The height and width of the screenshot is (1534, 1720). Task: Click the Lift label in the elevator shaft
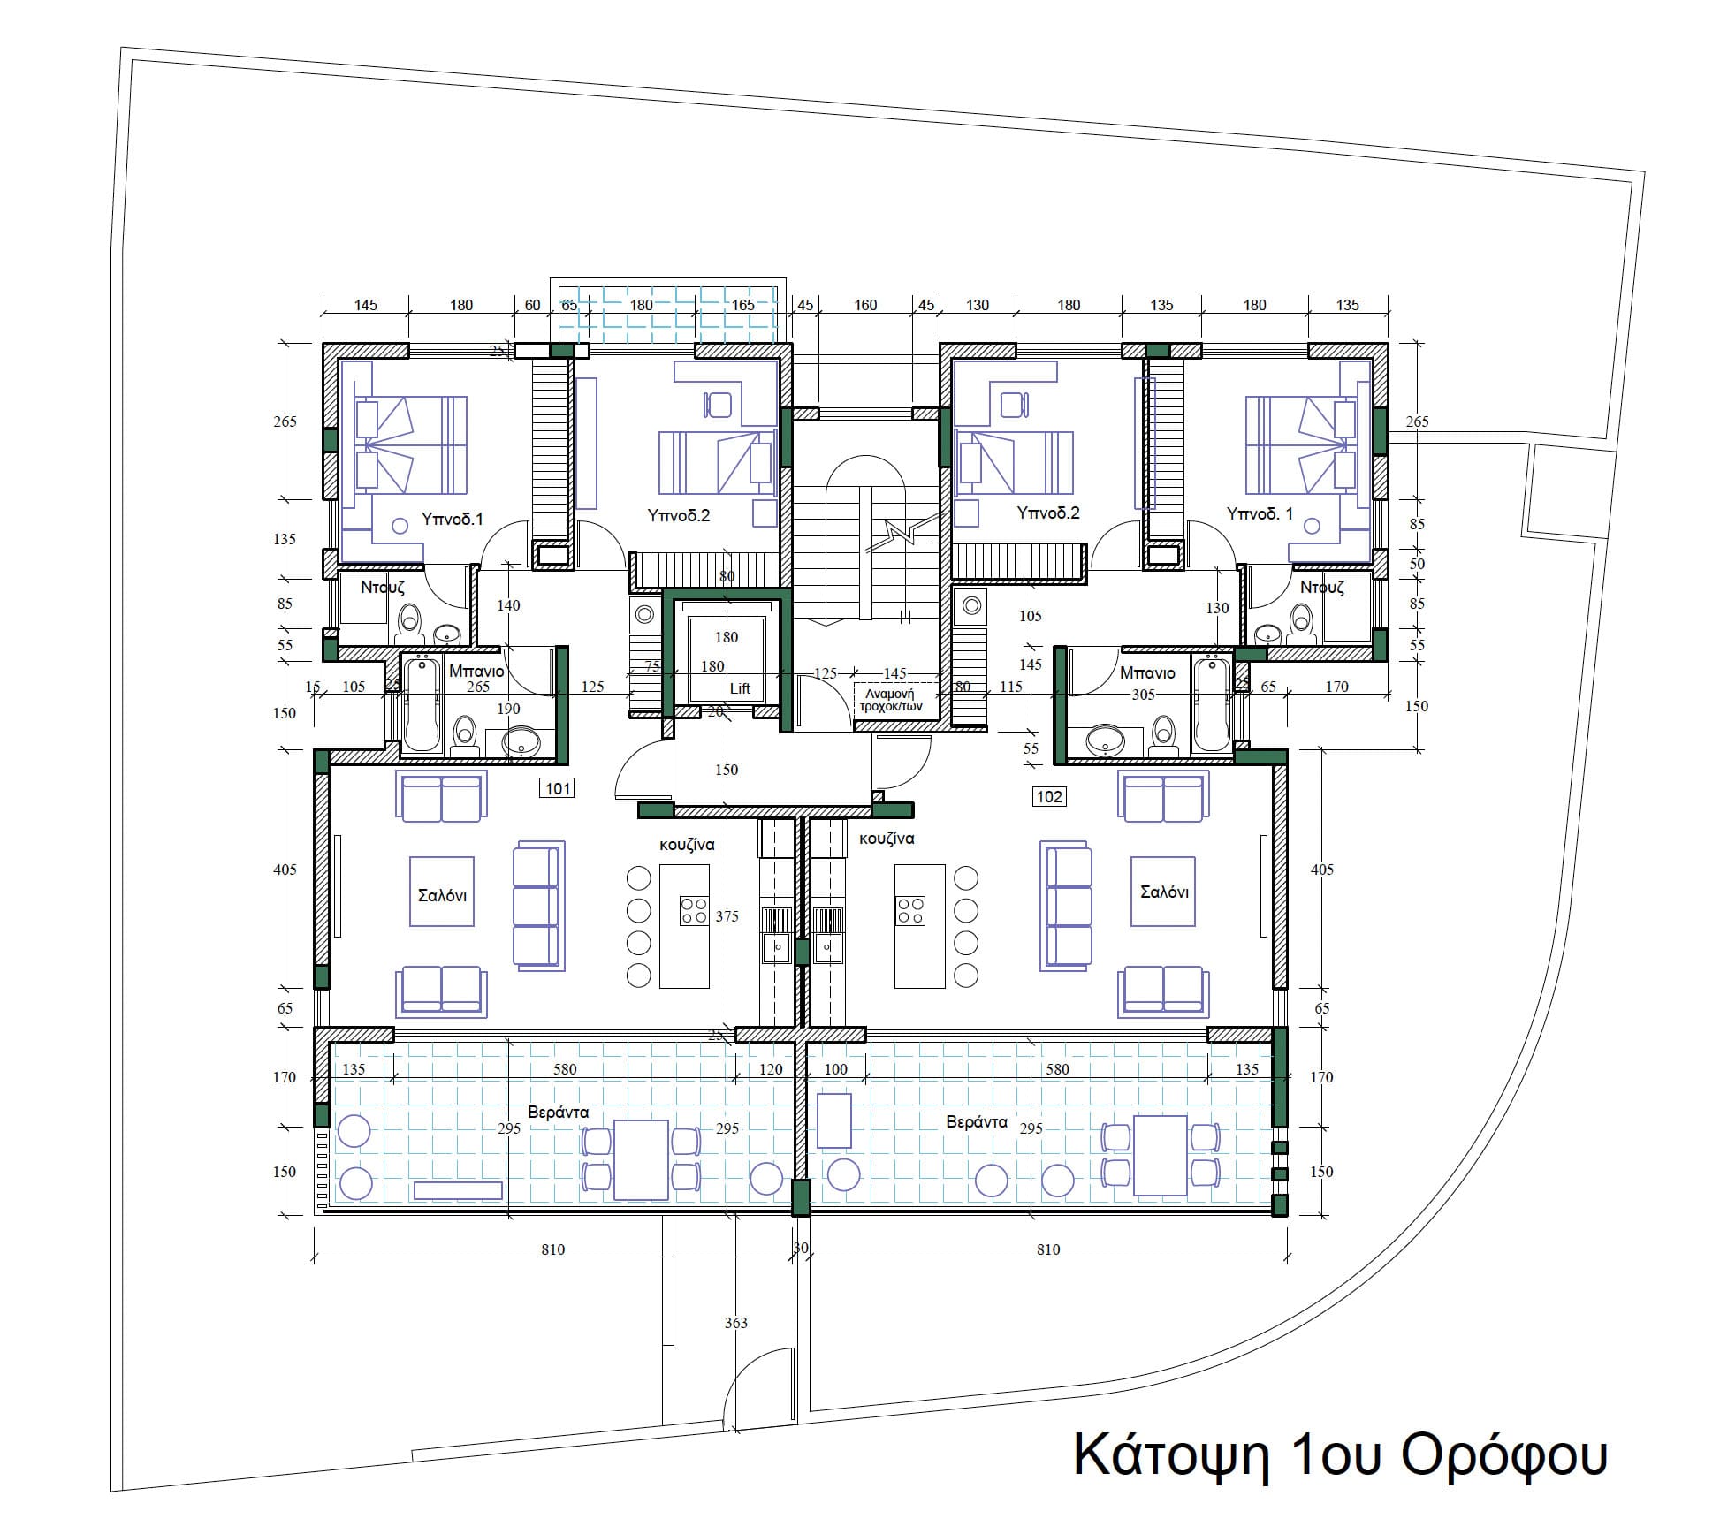740,688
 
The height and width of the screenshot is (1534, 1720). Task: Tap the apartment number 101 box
558,788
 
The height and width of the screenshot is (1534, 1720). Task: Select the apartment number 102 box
1049,797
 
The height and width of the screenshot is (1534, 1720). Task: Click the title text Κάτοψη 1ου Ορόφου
1339,1455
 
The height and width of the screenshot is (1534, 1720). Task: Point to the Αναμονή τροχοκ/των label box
894,701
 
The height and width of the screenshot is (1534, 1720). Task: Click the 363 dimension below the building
736,1323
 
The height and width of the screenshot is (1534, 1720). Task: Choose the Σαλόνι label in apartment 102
1164,892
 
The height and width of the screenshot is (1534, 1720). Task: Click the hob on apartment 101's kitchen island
694,910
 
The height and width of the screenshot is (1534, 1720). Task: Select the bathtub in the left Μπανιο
422,703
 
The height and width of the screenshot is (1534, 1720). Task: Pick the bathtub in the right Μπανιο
1211,703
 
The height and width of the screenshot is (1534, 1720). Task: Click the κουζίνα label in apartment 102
887,839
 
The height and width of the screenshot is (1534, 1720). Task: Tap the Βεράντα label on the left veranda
559,1113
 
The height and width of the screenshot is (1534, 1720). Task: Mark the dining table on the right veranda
1161,1155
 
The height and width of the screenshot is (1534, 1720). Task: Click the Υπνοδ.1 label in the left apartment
453,520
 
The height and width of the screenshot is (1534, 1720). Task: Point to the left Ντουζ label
383,587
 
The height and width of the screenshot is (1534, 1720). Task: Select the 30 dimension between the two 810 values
801,1248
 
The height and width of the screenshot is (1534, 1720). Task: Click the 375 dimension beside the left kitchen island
727,916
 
